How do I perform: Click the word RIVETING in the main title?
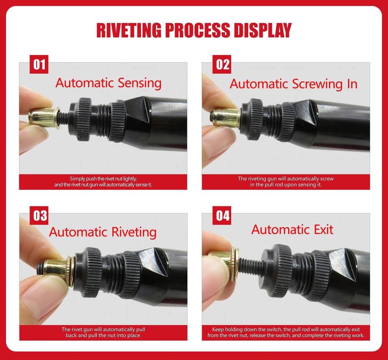click(129, 30)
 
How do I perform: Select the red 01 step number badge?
click(39, 64)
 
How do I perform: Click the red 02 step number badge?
click(222, 64)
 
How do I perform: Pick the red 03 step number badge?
click(39, 215)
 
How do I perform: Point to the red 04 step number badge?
click(222, 215)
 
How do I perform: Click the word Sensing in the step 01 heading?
click(139, 83)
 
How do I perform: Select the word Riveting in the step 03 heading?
click(134, 233)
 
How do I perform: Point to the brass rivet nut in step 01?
click(44, 118)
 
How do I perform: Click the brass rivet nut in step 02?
click(226, 118)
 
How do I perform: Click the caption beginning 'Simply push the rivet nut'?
click(103, 181)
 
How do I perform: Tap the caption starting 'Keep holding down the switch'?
click(286, 332)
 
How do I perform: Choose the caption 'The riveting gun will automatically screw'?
click(286, 181)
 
